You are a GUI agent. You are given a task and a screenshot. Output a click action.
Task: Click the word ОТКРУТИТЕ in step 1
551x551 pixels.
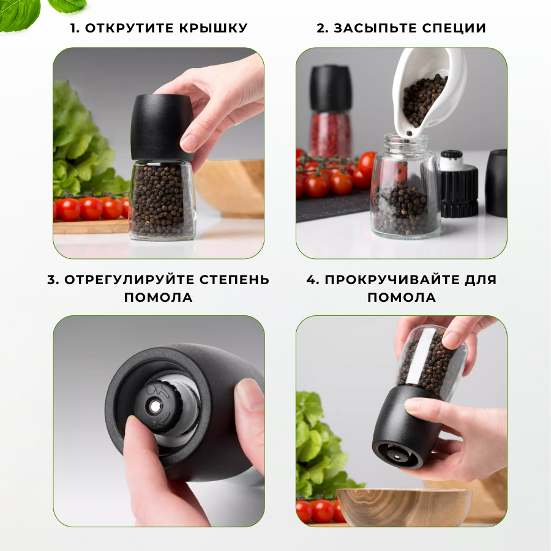129,28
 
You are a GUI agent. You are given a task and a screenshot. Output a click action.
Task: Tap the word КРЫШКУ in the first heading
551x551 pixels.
214,28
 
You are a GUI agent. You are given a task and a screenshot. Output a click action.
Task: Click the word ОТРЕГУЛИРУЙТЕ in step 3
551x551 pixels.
129,280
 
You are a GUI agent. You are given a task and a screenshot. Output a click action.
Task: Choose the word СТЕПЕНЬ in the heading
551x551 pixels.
234,280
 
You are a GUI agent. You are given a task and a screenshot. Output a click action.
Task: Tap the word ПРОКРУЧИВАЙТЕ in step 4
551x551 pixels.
391,280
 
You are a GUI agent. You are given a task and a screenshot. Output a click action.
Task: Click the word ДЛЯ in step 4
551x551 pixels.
481,280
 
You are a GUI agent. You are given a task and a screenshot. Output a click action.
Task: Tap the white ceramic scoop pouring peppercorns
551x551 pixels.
429,92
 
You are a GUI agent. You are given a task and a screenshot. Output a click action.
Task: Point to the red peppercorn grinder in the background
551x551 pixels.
331,112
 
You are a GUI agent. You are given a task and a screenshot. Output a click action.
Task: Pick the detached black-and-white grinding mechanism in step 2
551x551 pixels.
459,184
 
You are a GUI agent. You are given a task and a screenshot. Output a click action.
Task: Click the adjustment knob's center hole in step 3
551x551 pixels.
154,407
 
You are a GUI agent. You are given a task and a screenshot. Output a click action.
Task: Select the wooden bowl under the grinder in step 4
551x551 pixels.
405,507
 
